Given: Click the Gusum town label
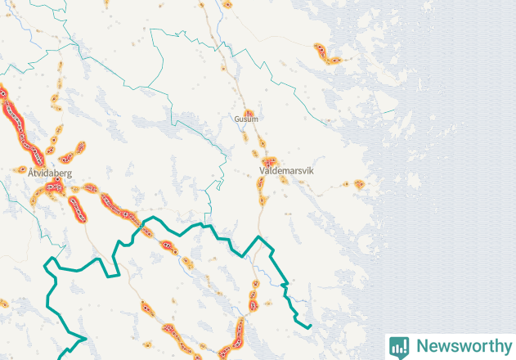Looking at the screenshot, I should (x=245, y=119).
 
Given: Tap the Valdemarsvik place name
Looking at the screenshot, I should (x=285, y=171).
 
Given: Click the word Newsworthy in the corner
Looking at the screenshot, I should (x=461, y=346).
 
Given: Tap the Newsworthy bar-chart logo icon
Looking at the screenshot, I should (x=399, y=346).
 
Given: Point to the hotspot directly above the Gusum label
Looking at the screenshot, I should (x=250, y=112).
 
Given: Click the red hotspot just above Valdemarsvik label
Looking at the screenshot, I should (x=269, y=162).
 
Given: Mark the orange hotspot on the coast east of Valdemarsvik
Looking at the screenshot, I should (x=358, y=185).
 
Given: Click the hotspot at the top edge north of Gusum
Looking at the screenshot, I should (x=227, y=4).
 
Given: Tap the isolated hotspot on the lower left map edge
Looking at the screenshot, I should (x=3, y=304).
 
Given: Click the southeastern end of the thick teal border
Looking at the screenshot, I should (x=310, y=326).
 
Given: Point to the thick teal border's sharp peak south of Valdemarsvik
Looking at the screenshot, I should (x=260, y=236).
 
